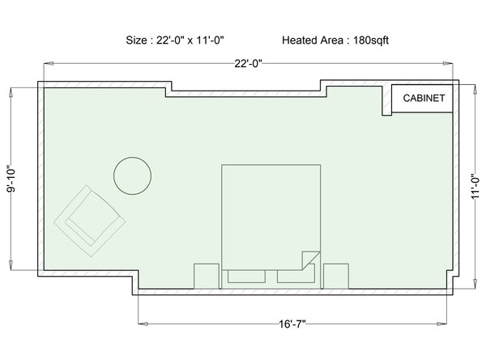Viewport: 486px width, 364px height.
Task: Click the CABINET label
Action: [424, 98]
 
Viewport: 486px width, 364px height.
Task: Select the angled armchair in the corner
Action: [90, 221]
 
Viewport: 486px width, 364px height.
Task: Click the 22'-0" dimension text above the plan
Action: [248, 63]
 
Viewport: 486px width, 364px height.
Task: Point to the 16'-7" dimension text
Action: [292, 324]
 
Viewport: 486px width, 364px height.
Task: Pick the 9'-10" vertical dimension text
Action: [11, 180]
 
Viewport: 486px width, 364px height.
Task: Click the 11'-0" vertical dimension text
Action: [475, 188]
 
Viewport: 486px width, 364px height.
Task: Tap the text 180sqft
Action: [371, 40]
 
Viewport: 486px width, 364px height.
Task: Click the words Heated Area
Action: [313, 40]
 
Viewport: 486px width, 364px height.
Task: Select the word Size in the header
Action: [136, 40]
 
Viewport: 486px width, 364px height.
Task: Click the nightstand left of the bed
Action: [207, 276]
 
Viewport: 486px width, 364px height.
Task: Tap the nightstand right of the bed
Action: [336, 276]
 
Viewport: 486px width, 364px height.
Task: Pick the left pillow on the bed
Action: [247, 277]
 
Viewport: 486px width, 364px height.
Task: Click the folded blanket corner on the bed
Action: [311, 260]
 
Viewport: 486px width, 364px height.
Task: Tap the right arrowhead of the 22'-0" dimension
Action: [448, 63]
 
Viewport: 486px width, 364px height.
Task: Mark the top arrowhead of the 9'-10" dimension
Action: [11, 93]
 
